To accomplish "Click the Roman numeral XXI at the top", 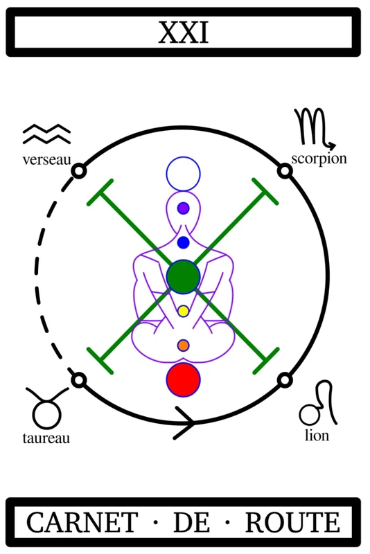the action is coord(183,33).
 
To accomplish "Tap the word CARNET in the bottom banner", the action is coord(82,522).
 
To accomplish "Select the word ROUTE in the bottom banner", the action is coord(293,522).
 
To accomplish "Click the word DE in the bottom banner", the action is coord(191,522).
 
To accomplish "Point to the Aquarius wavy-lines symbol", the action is coord(46,134).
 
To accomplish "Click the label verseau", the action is coord(46,160).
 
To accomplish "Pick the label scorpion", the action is coord(319,159).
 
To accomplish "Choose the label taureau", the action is coord(46,438).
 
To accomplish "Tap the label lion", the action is coord(317,435).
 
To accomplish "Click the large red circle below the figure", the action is coord(184,379).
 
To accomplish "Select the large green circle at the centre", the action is coord(184,276).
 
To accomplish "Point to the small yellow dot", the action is coord(183,311).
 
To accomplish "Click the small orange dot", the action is coord(183,346).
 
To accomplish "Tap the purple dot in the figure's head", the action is coord(183,208).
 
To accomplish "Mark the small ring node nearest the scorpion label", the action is coord(285,171).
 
